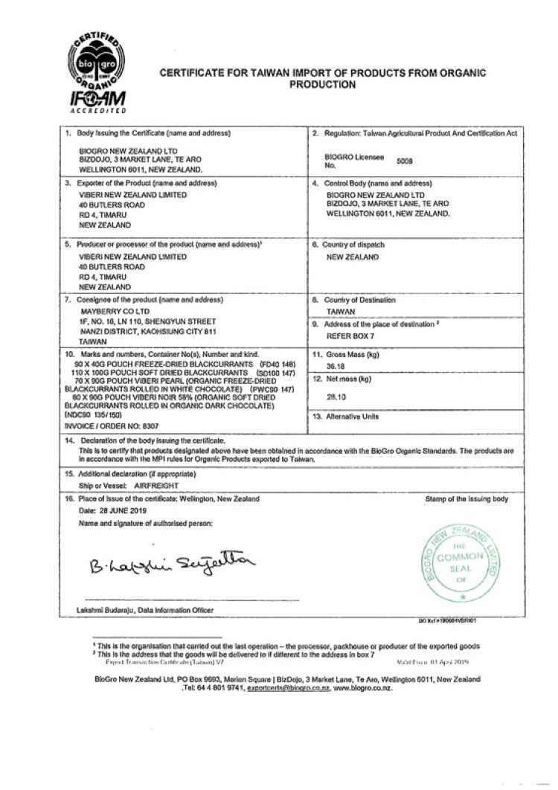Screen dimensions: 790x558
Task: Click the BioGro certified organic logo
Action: click(97, 60)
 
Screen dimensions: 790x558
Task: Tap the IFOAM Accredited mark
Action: click(97, 101)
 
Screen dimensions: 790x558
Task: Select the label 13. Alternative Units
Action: click(356, 417)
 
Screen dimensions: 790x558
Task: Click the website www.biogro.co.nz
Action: click(363, 688)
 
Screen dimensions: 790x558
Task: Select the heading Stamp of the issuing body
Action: click(467, 499)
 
